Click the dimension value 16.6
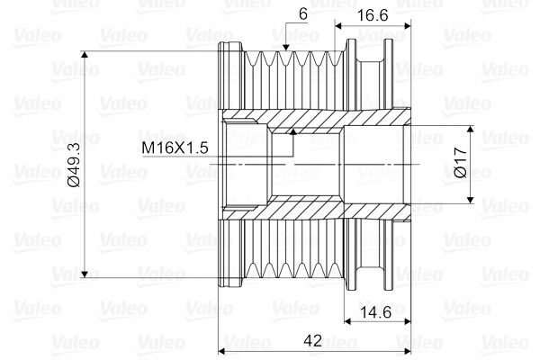click(373, 15)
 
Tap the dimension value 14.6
click(375, 312)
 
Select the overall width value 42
click(312, 341)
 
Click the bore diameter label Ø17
click(461, 163)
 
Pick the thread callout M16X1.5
click(175, 148)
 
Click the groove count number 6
click(303, 14)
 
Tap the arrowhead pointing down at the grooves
click(285, 48)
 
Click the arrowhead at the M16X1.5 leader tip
click(293, 131)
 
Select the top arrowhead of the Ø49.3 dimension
click(85, 55)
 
